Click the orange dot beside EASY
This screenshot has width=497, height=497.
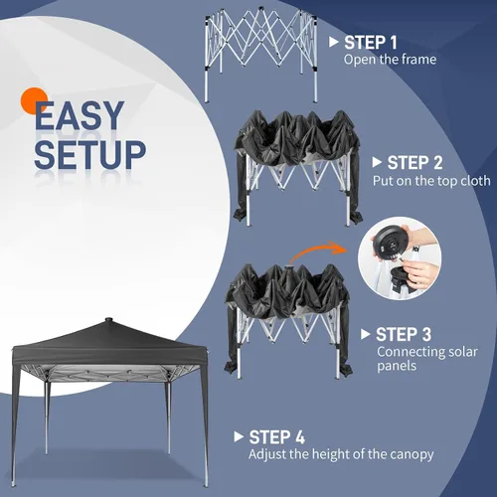33,100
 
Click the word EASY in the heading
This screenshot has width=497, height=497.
80,115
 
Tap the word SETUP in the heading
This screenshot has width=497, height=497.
89,154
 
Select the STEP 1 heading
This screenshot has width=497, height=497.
371,43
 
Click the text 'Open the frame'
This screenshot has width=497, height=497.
390,60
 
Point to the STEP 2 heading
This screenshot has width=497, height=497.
414,163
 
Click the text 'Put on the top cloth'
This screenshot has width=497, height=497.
431,181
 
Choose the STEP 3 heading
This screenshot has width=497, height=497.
404,334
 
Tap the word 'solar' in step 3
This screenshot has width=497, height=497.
463,352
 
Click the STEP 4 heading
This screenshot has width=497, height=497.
276,437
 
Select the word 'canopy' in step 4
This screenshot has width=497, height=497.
412,455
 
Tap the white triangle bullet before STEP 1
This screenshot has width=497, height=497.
334,42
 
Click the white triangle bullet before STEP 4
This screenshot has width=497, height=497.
239,436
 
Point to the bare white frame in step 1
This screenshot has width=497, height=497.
260,55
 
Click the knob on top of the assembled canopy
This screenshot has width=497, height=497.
108,320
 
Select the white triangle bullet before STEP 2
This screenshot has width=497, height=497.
377,162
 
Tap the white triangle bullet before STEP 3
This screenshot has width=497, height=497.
366,334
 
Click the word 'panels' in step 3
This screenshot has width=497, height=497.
397,367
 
